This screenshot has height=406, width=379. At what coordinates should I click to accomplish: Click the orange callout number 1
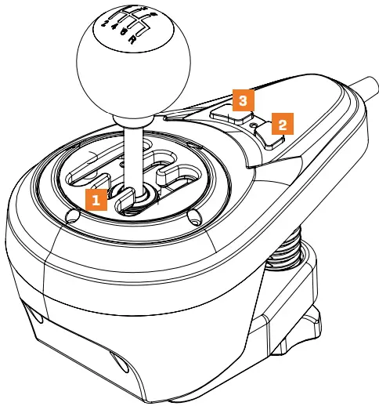click(96, 201)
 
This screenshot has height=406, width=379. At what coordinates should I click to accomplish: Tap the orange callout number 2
click(282, 123)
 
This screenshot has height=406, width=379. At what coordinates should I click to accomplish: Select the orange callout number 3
click(244, 101)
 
